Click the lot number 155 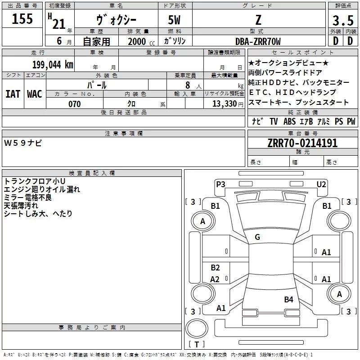22,19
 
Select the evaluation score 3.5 342,21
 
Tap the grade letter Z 258,20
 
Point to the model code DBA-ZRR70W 258,41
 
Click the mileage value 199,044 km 53,64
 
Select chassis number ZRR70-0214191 302,143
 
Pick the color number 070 74,104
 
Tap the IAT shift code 13,94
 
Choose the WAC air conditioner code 35,94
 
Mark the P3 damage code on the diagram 220,184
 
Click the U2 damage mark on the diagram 321,184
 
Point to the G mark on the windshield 257,237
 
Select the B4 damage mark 288,299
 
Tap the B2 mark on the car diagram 215,268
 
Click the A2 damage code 215,279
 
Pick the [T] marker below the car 196,344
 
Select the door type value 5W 175,20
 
